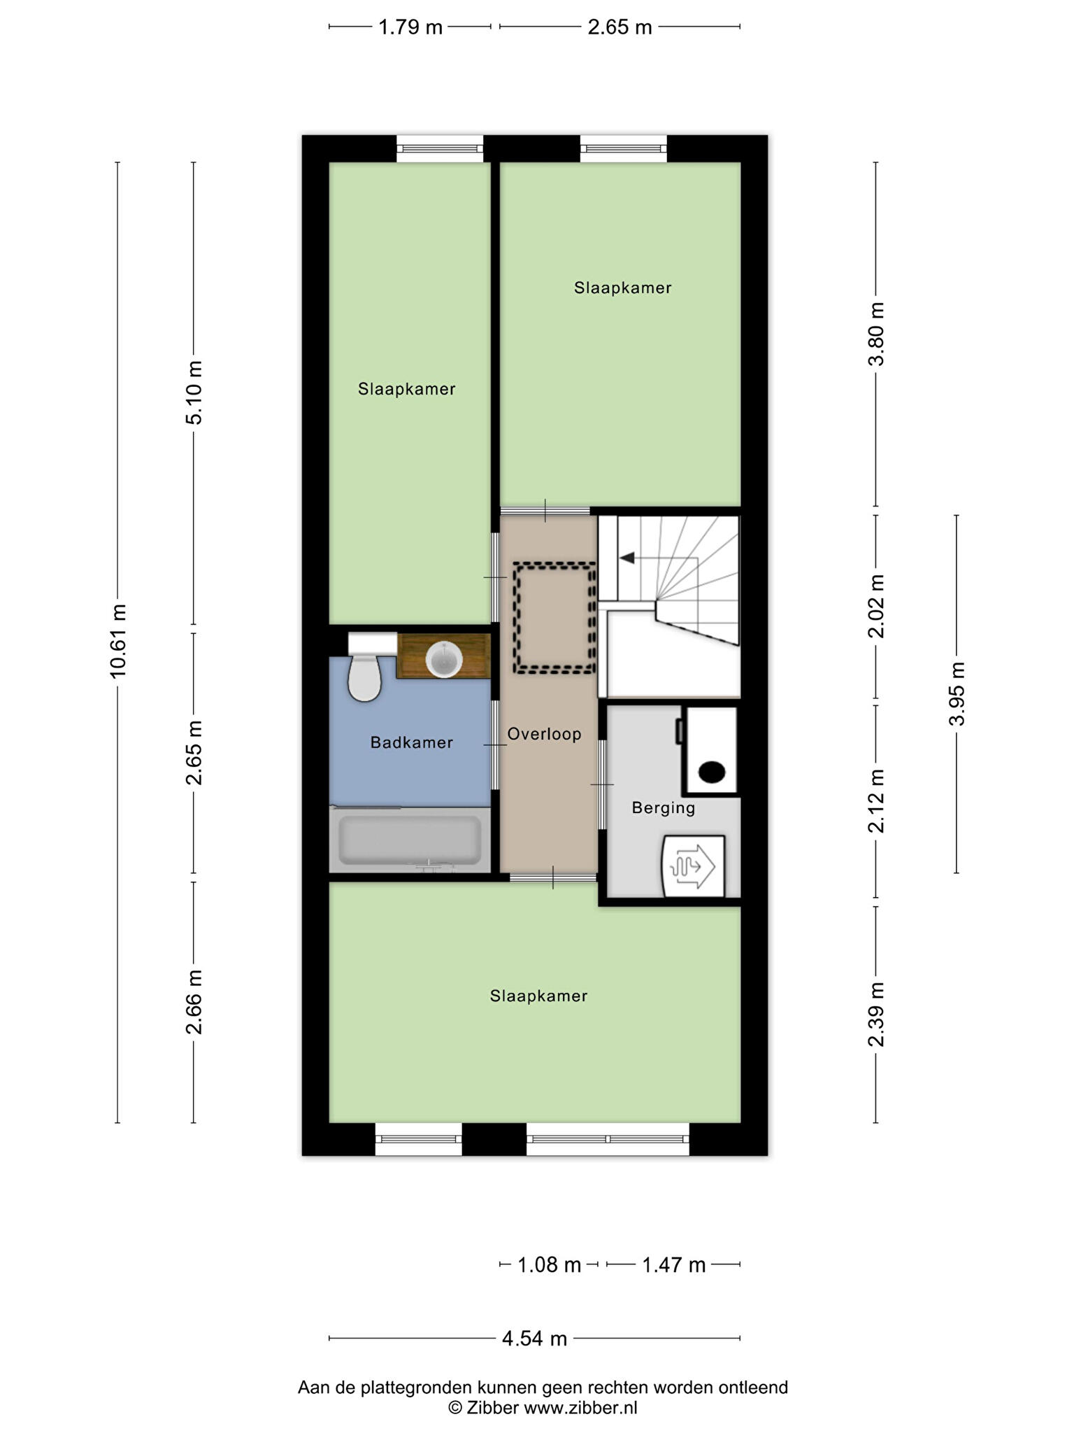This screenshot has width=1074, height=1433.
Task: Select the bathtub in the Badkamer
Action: (x=410, y=840)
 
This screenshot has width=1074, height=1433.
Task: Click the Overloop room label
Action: (x=545, y=734)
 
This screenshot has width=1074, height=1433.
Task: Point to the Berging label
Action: (x=664, y=808)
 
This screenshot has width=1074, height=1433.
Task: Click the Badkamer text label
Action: (x=412, y=742)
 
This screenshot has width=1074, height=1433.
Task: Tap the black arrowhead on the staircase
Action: (x=627, y=558)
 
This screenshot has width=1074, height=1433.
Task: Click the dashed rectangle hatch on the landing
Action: (x=554, y=619)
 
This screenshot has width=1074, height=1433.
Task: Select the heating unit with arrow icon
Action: (x=694, y=866)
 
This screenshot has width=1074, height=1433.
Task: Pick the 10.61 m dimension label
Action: (x=118, y=641)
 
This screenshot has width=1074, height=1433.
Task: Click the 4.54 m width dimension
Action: (x=534, y=1339)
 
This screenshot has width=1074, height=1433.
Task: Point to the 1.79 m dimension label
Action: (x=410, y=27)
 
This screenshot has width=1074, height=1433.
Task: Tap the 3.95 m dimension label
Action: (x=957, y=693)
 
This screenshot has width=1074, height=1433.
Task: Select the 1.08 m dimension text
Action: (x=550, y=1265)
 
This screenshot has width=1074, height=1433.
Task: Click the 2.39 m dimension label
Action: (x=876, y=1014)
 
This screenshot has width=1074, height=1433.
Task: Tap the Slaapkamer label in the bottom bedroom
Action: (x=538, y=996)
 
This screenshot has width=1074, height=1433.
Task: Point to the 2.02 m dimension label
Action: (x=876, y=607)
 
